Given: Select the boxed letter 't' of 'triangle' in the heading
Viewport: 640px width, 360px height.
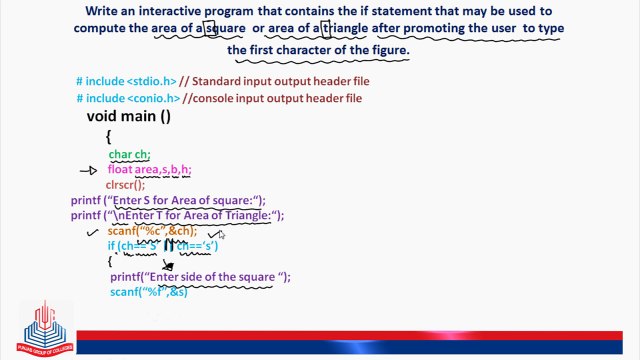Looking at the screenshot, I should pyautogui.click(x=326, y=29).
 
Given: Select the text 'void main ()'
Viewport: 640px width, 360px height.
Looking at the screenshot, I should pyautogui.click(x=129, y=116).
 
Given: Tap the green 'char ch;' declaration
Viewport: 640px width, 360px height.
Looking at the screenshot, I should pyautogui.click(x=130, y=154).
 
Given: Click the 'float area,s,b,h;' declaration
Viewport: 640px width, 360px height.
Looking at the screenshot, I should pyautogui.click(x=149, y=170).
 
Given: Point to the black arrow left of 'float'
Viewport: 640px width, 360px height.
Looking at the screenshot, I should pyautogui.click(x=88, y=171).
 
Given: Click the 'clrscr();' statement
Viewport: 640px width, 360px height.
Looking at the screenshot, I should pyautogui.click(x=125, y=185).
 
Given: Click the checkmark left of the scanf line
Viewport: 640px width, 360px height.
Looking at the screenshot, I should pyautogui.click(x=93, y=231).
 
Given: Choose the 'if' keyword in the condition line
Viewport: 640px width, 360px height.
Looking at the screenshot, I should pyautogui.click(x=111, y=246).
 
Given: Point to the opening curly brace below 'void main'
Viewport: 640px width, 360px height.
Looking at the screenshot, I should pyautogui.click(x=108, y=136).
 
